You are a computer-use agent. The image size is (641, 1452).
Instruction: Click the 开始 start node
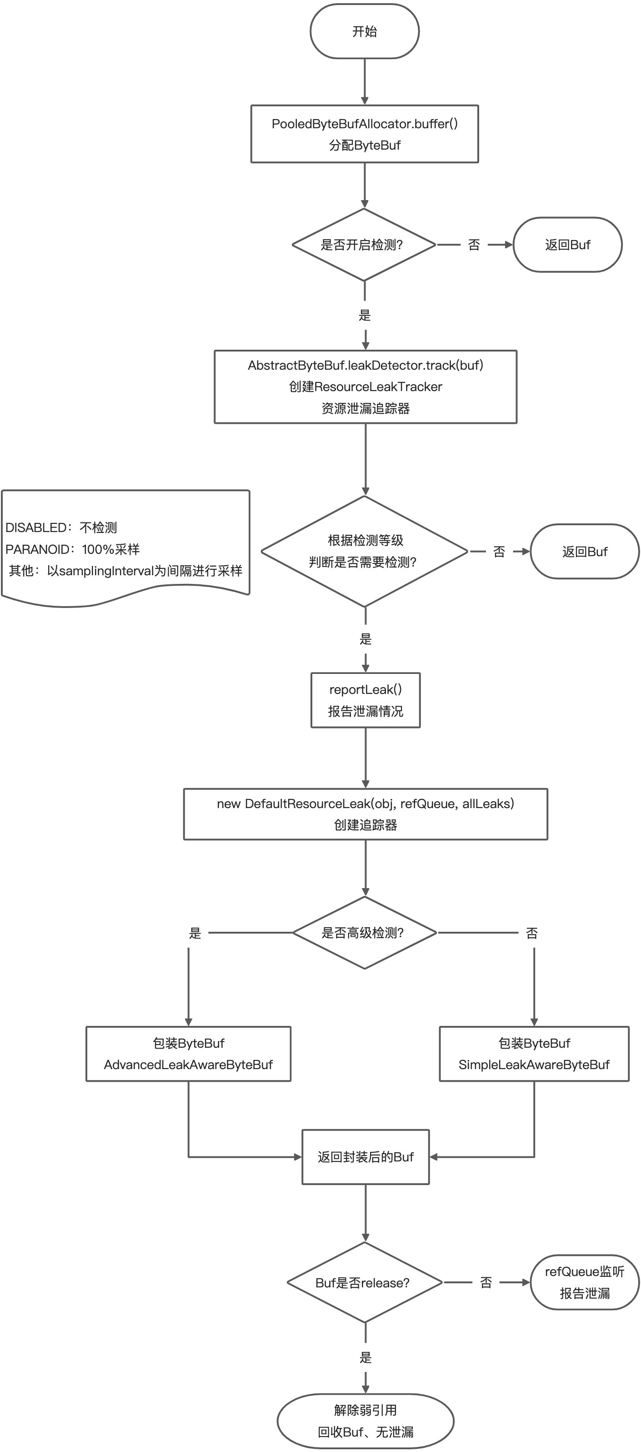tap(365, 31)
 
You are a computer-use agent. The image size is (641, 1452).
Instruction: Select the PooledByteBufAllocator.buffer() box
tap(365, 134)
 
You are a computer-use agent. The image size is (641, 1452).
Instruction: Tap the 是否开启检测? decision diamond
tap(364, 245)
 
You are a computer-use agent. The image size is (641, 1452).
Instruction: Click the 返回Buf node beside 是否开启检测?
tap(567, 245)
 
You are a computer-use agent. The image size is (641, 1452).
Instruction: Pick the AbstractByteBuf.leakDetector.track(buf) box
tap(365, 387)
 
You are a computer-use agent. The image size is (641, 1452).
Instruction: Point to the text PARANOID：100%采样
tap(73, 549)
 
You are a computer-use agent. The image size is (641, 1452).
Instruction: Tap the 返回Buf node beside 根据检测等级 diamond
tap(585, 551)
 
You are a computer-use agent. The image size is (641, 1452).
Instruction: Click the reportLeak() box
tap(365, 700)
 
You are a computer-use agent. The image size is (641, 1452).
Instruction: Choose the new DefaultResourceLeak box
tap(365, 814)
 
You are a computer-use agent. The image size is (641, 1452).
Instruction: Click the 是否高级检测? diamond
tap(364, 933)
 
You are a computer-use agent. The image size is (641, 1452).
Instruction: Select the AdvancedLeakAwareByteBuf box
tap(188, 1054)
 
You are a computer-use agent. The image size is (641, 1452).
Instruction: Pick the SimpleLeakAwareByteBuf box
tap(534, 1054)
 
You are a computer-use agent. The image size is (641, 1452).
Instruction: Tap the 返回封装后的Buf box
tap(365, 1156)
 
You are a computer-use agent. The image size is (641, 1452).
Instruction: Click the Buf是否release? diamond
tap(364, 1282)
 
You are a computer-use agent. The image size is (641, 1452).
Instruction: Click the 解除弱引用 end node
tap(365, 1421)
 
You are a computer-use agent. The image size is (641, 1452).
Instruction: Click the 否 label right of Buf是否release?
tap(486, 1283)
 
